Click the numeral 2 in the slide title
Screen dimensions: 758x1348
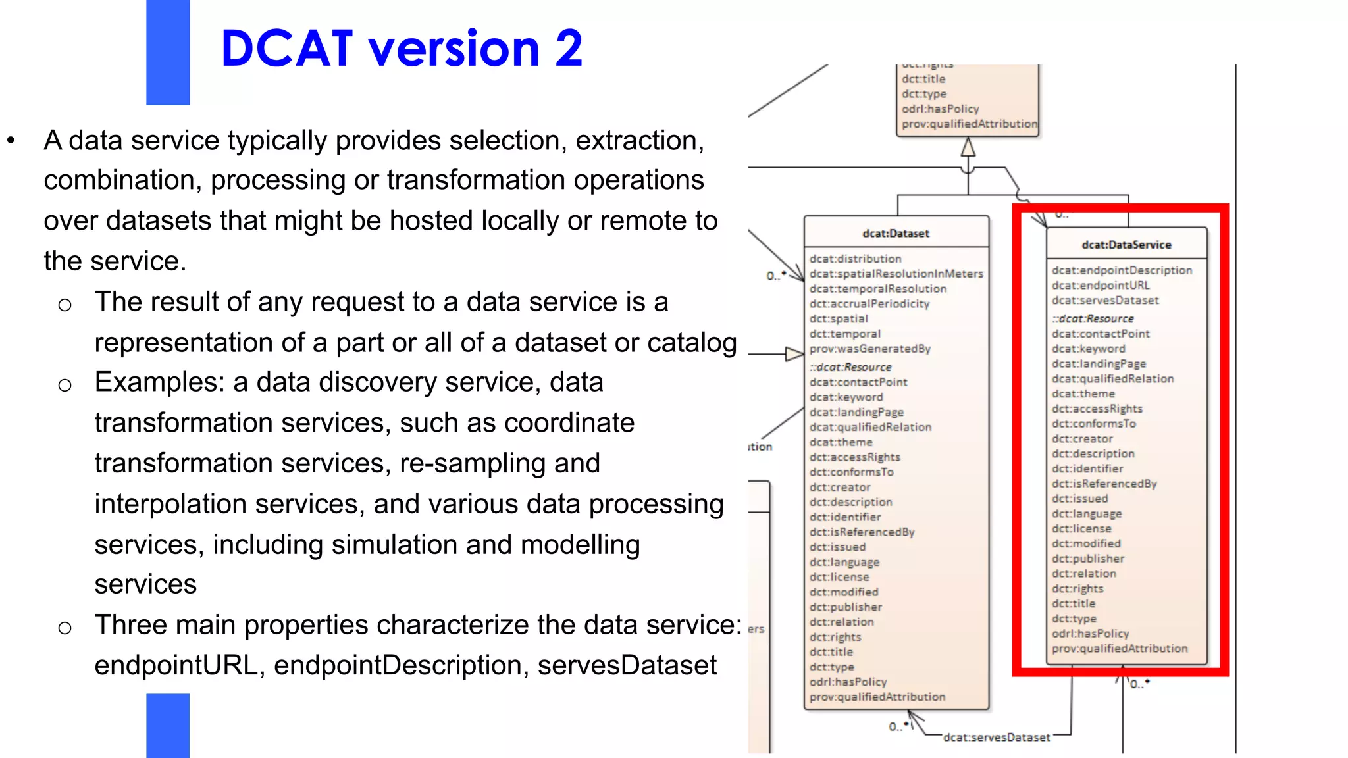pos(569,49)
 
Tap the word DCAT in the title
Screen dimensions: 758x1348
pos(287,49)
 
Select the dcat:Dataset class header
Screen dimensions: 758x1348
pos(896,234)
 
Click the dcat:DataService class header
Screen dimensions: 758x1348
pos(1126,245)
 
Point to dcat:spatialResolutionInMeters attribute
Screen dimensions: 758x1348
pos(896,274)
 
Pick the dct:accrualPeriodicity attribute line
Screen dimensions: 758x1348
pos(869,304)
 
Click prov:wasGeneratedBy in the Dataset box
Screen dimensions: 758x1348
pos(869,349)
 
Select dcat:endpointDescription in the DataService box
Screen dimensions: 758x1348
pos(1122,270)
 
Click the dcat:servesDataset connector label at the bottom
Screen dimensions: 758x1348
pos(997,738)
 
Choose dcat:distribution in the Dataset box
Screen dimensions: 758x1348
pos(855,259)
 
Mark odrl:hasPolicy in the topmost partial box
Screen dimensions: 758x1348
pos(940,109)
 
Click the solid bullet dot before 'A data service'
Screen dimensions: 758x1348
pos(11,140)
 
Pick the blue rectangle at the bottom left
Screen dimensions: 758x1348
pos(168,725)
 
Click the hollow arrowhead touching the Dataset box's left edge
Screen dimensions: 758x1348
pos(794,355)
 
